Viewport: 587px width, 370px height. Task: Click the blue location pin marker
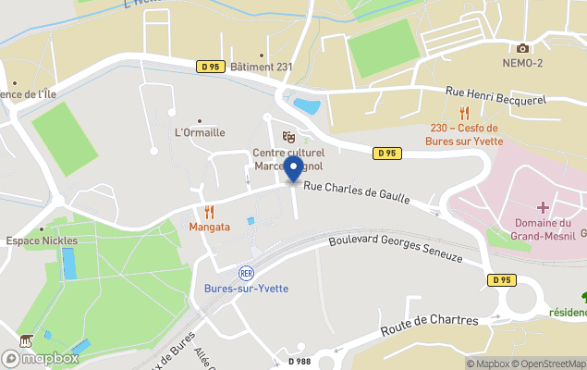pyautogui.click(x=293, y=169)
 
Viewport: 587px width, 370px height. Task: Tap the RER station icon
pyautogui.click(x=246, y=273)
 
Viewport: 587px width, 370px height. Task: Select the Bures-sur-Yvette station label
pyautogui.click(x=246, y=289)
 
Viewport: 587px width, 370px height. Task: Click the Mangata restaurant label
pyautogui.click(x=209, y=226)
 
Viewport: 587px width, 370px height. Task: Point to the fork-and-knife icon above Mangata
pyautogui.click(x=209, y=212)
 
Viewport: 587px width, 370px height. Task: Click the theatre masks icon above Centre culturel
pyautogui.click(x=287, y=137)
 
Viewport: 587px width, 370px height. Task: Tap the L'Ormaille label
pyautogui.click(x=200, y=132)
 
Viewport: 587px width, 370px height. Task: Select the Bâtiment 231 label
pyautogui.click(x=262, y=67)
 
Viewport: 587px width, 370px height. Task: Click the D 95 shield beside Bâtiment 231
pyautogui.click(x=210, y=67)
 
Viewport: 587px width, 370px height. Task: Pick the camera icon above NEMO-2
pyautogui.click(x=522, y=48)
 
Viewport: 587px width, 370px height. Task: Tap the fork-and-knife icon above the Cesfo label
pyautogui.click(x=464, y=113)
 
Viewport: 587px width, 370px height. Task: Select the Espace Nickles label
pyautogui.click(x=42, y=240)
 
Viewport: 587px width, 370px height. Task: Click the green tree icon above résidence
pyautogui.click(x=584, y=297)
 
